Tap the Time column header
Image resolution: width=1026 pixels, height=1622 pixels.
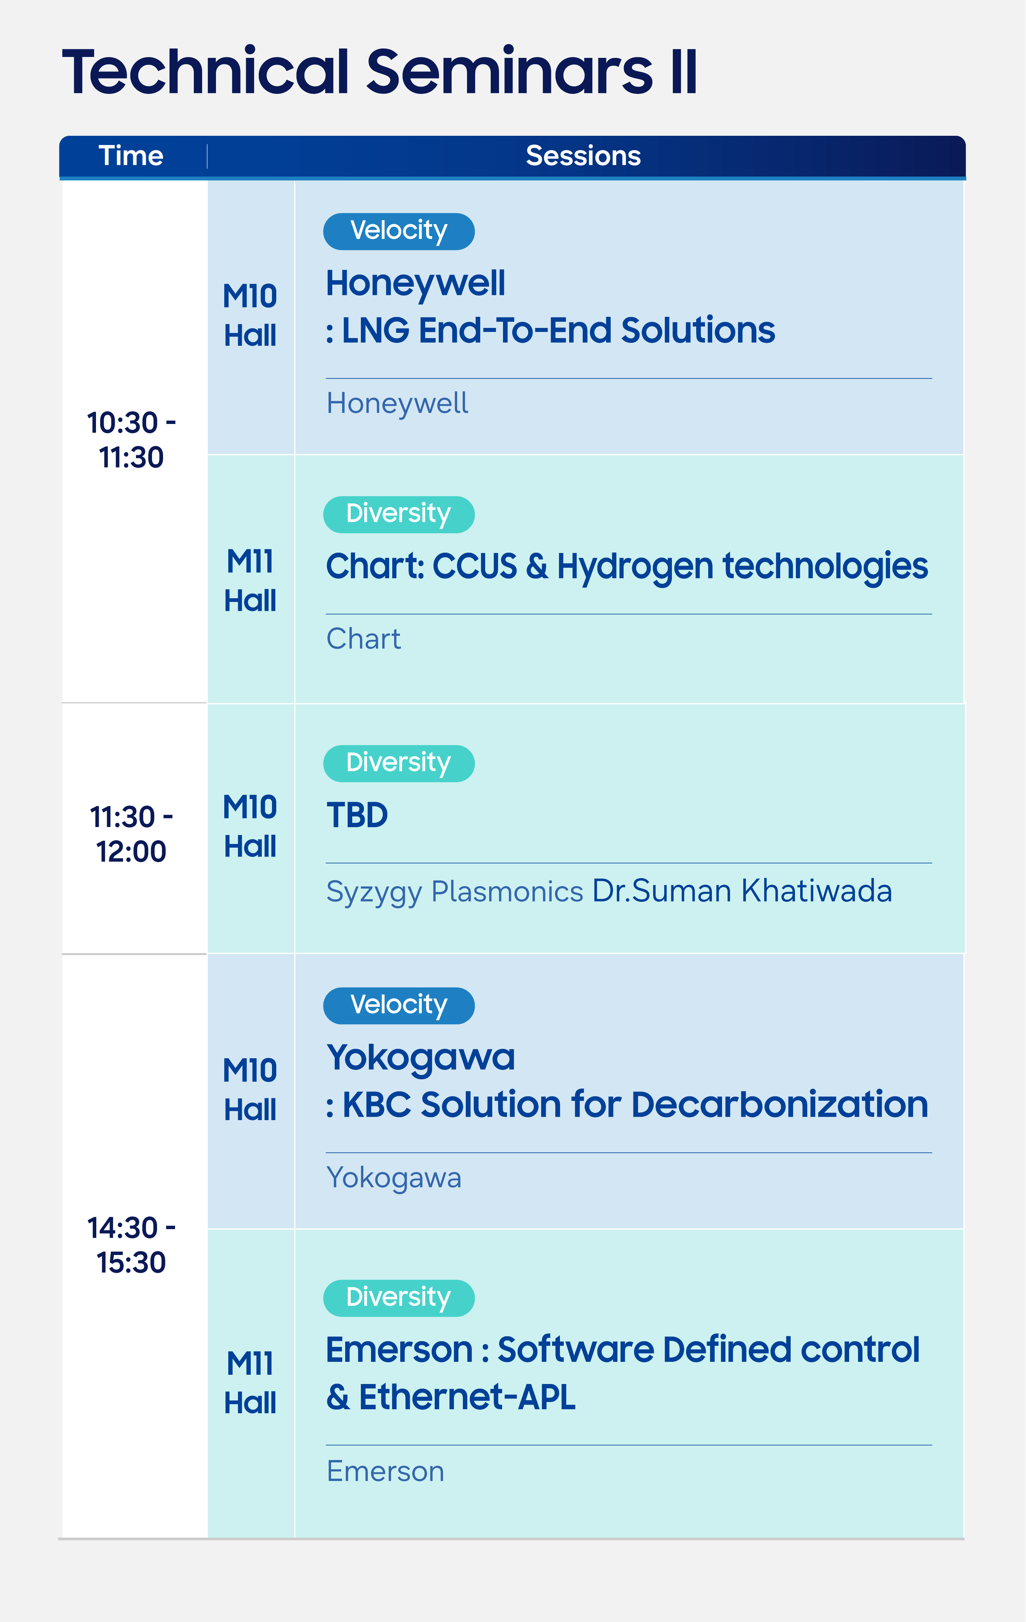pos(131,155)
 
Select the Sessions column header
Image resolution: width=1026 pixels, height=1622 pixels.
pos(583,155)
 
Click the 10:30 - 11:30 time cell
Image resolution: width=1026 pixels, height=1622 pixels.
pos(131,440)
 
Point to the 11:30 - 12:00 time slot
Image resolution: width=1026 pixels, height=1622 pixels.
pos(131,834)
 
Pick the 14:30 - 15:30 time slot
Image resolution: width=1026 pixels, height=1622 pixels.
pos(131,1245)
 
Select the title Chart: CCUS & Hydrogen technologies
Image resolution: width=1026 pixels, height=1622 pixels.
pos(627,567)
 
